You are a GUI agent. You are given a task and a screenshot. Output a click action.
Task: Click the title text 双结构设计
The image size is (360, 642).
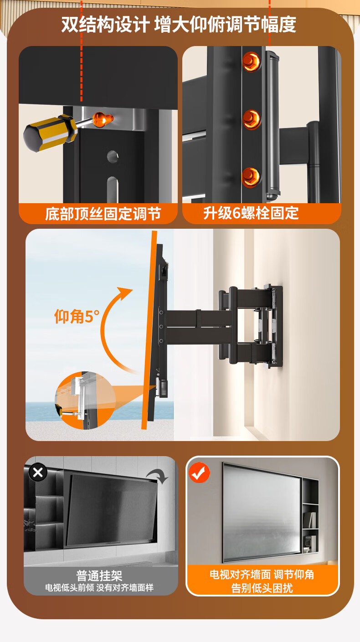105,24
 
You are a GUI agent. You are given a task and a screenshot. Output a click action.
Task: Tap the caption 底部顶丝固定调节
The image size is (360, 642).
103,214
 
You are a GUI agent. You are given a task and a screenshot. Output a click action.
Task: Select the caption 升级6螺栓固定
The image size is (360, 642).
251,213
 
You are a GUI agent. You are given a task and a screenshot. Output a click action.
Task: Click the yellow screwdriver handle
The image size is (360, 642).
50,133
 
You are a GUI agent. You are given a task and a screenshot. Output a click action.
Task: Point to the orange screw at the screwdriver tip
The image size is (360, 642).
103,119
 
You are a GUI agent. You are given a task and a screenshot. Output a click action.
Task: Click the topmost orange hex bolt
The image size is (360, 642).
252,62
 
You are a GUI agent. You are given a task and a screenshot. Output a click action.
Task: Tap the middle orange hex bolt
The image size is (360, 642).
252,119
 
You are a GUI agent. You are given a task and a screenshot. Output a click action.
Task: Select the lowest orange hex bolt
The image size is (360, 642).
251,177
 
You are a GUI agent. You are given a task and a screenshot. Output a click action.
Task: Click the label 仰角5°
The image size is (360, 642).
77,317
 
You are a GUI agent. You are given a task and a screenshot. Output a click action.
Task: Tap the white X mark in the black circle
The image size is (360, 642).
38,472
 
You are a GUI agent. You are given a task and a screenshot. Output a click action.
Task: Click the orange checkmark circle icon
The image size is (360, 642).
199,473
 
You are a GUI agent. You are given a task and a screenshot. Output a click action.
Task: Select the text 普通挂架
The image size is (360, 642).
99,575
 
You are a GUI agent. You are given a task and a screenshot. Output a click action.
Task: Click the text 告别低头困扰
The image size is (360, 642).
262,588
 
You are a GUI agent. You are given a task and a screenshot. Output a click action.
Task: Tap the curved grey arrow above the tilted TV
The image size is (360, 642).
157,476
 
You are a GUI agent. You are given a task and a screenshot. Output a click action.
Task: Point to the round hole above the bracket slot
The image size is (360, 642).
113,156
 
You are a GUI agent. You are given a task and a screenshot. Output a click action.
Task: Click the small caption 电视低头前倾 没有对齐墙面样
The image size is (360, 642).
99,588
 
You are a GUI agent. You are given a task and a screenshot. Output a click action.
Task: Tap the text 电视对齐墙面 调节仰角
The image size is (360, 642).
262,575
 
